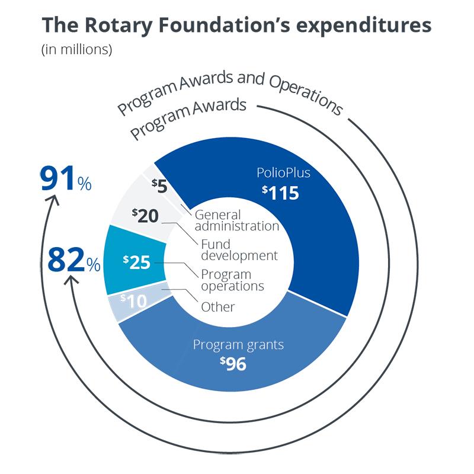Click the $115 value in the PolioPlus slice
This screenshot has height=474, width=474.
point(281,193)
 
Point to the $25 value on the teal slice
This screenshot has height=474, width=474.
point(136,261)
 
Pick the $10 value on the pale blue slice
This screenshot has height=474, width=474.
point(133,300)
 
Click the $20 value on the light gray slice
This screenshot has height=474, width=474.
point(145,215)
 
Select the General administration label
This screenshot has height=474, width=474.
point(236,220)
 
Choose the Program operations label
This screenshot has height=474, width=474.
point(232,280)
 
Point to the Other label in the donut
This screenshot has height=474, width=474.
point(218,307)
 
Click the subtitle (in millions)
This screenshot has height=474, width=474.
point(76,50)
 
